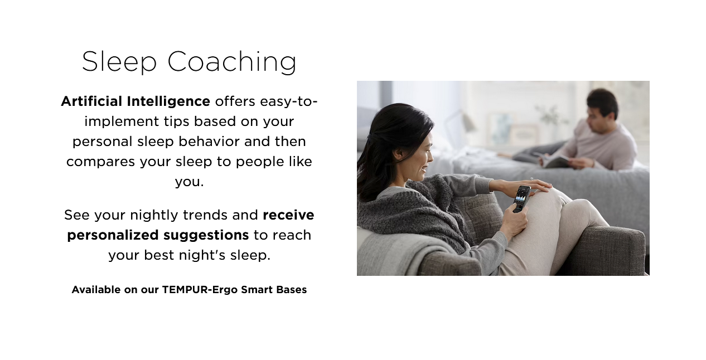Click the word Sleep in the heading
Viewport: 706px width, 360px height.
(119, 62)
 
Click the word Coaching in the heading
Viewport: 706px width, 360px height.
(231, 62)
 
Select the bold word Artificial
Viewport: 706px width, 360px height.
(91, 101)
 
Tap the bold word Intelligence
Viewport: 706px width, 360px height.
(168, 102)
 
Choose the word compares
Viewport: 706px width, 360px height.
(100, 163)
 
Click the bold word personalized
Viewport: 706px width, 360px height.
(113, 236)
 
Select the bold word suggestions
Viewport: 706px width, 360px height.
(206, 236)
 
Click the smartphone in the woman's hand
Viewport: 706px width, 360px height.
(521, 199)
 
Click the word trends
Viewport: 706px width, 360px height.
(205, 216)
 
